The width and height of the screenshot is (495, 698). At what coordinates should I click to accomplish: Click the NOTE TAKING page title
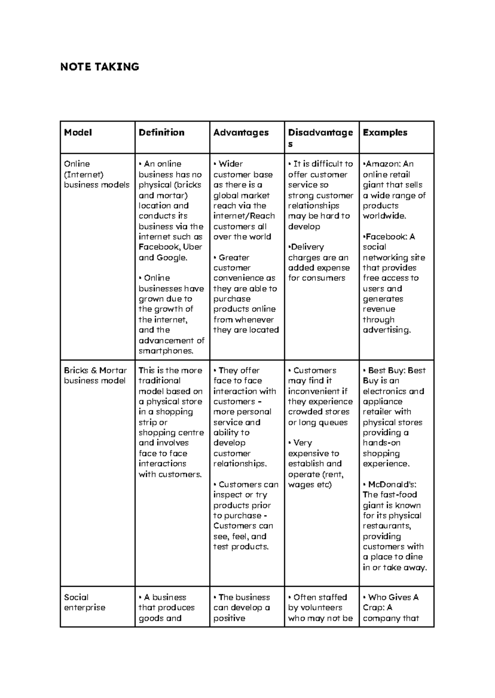click(x=99, y=67)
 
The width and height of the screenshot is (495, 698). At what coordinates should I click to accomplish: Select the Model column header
click(x=78, y=133)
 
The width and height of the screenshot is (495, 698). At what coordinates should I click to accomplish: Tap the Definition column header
click(x=161, y=133)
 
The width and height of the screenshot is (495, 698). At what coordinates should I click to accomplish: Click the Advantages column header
click(x=241, y=133)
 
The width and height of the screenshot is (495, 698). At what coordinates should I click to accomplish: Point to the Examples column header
click(x=385, y=133)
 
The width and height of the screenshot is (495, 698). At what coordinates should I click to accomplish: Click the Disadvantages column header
click(x=320, y=138)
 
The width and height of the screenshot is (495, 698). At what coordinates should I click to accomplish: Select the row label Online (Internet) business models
click(x=97, y=174)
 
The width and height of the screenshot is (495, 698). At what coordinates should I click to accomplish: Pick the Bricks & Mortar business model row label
click(x=95, y=375)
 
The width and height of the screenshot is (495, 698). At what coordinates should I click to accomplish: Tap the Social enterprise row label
click(x=85, y=602)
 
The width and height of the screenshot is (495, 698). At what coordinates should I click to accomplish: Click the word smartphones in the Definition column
click(x=166, y=351)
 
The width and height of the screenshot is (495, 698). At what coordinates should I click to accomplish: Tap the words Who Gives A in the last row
click(x=393, y=597)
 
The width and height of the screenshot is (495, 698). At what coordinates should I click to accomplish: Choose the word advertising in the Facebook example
click(x=386, y=330)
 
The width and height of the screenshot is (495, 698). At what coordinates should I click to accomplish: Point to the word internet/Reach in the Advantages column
click(x=244, y=216)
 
